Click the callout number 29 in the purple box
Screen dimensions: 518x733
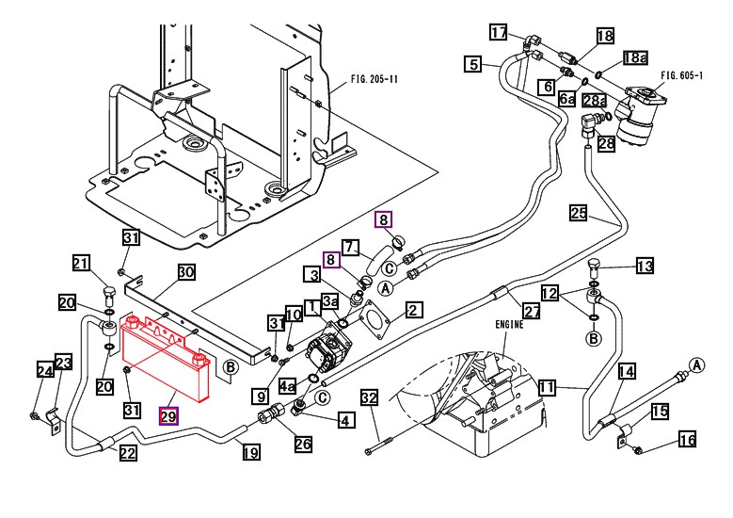pyautogui.click(x=169, y=415)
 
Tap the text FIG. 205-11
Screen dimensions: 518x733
pyautogui.click(x=373, y=79)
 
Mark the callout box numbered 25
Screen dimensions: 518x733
pyautogui.click(x=579, y=214)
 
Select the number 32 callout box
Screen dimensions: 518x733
pyautogui.click(x=370, y=398)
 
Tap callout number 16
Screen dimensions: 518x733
pyautogui.click(x=687, y=439)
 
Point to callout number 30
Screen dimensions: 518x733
pyautogui.click(x=186, y=272)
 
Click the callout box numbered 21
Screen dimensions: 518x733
pyautogui.click(x=81, y=263)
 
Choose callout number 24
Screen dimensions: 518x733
pyautogui.click(x=42, y=370)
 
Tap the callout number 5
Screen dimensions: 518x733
pyautogui.click(x=472, y=65)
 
